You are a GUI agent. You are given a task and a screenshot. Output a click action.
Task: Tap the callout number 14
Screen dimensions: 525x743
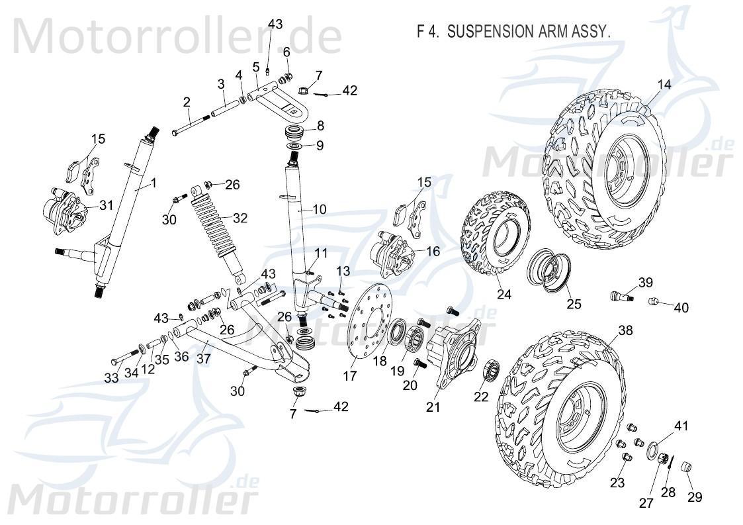coord(664,84)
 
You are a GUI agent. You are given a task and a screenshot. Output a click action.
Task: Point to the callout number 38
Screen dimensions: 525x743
coord(625,330)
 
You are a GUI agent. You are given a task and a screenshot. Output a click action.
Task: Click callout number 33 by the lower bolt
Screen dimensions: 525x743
coord(111,378)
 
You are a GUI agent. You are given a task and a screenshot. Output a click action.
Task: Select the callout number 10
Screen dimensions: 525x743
coord(319,210)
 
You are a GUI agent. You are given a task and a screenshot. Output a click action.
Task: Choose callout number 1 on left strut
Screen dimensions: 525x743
coord(153,183)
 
